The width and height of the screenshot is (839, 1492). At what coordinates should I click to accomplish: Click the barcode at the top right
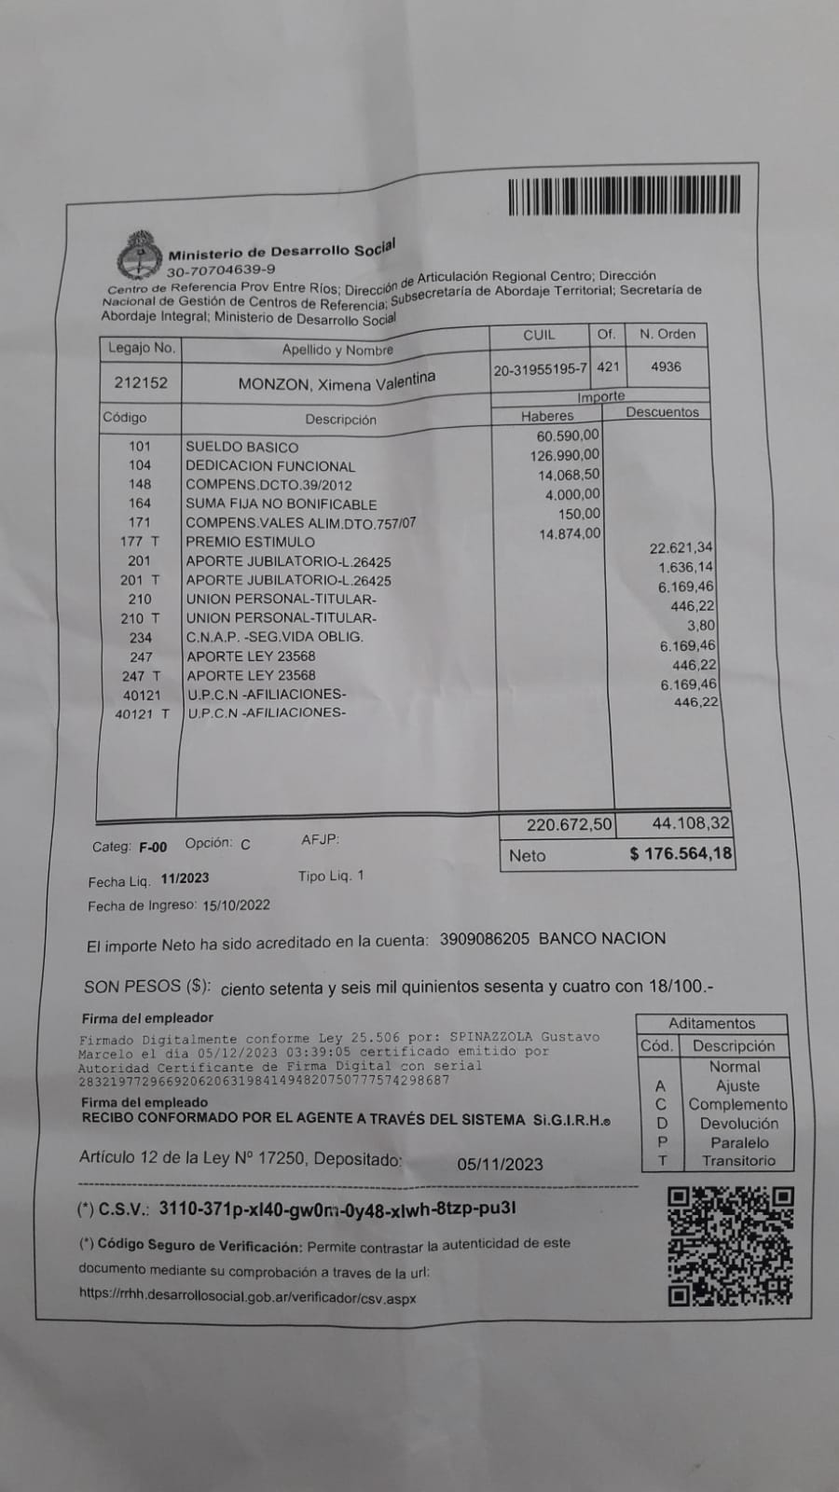pos(625,196)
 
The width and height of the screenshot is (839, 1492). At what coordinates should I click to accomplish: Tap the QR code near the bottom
pos(731,1246)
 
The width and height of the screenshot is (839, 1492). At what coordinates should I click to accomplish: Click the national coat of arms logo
pos(140,255)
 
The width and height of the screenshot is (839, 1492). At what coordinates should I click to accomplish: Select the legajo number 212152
pos(141,382)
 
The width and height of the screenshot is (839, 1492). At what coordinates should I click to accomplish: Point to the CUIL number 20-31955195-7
pos(541,369)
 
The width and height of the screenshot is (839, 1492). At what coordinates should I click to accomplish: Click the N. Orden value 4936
pos(666,366)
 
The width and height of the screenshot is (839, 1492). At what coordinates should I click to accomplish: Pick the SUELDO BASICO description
pos(242,447)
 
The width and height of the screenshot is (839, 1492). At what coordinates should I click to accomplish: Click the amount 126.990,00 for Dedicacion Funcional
pos(565,456)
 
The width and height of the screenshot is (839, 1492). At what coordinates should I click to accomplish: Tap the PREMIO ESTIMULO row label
pos(250,542)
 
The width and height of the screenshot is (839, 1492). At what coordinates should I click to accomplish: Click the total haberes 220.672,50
pos(569,824)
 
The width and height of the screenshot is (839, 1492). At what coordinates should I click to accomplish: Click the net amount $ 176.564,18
pos(681,853)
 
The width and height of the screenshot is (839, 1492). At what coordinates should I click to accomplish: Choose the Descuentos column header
pos(662,411)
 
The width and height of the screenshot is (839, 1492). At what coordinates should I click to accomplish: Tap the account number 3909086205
pos(484,939)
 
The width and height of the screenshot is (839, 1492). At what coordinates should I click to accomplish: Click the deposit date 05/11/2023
pos(500,1164)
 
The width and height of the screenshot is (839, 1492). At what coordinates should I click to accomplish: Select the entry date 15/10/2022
pos(236,905)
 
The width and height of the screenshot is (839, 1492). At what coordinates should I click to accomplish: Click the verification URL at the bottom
pos(247,1297)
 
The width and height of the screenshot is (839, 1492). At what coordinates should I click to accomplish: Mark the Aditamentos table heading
pos(711,1023)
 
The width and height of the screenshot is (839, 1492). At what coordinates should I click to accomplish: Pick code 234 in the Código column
pos(140,638)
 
